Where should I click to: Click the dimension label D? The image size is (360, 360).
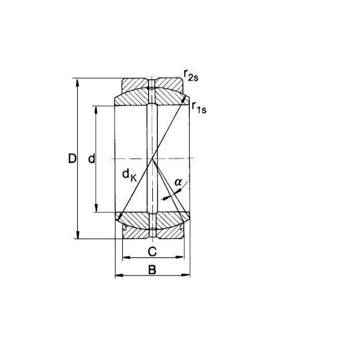(x=72, y=158)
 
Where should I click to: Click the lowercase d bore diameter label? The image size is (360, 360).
(x=92, y=158)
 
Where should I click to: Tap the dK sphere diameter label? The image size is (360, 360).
(x=130, y=175)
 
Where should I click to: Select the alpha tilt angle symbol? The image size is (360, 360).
(x=178, y=182)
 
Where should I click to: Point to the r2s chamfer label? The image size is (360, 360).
(x=191, y=75)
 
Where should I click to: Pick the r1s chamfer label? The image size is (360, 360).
(x=200, y=107)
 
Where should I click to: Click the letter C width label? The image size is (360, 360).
(x=152, y=251)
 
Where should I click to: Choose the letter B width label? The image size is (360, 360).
(x=152, y=270)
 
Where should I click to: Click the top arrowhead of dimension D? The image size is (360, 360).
(x=78, y=83)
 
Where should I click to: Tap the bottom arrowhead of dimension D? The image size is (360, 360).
(x=78, y=235)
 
